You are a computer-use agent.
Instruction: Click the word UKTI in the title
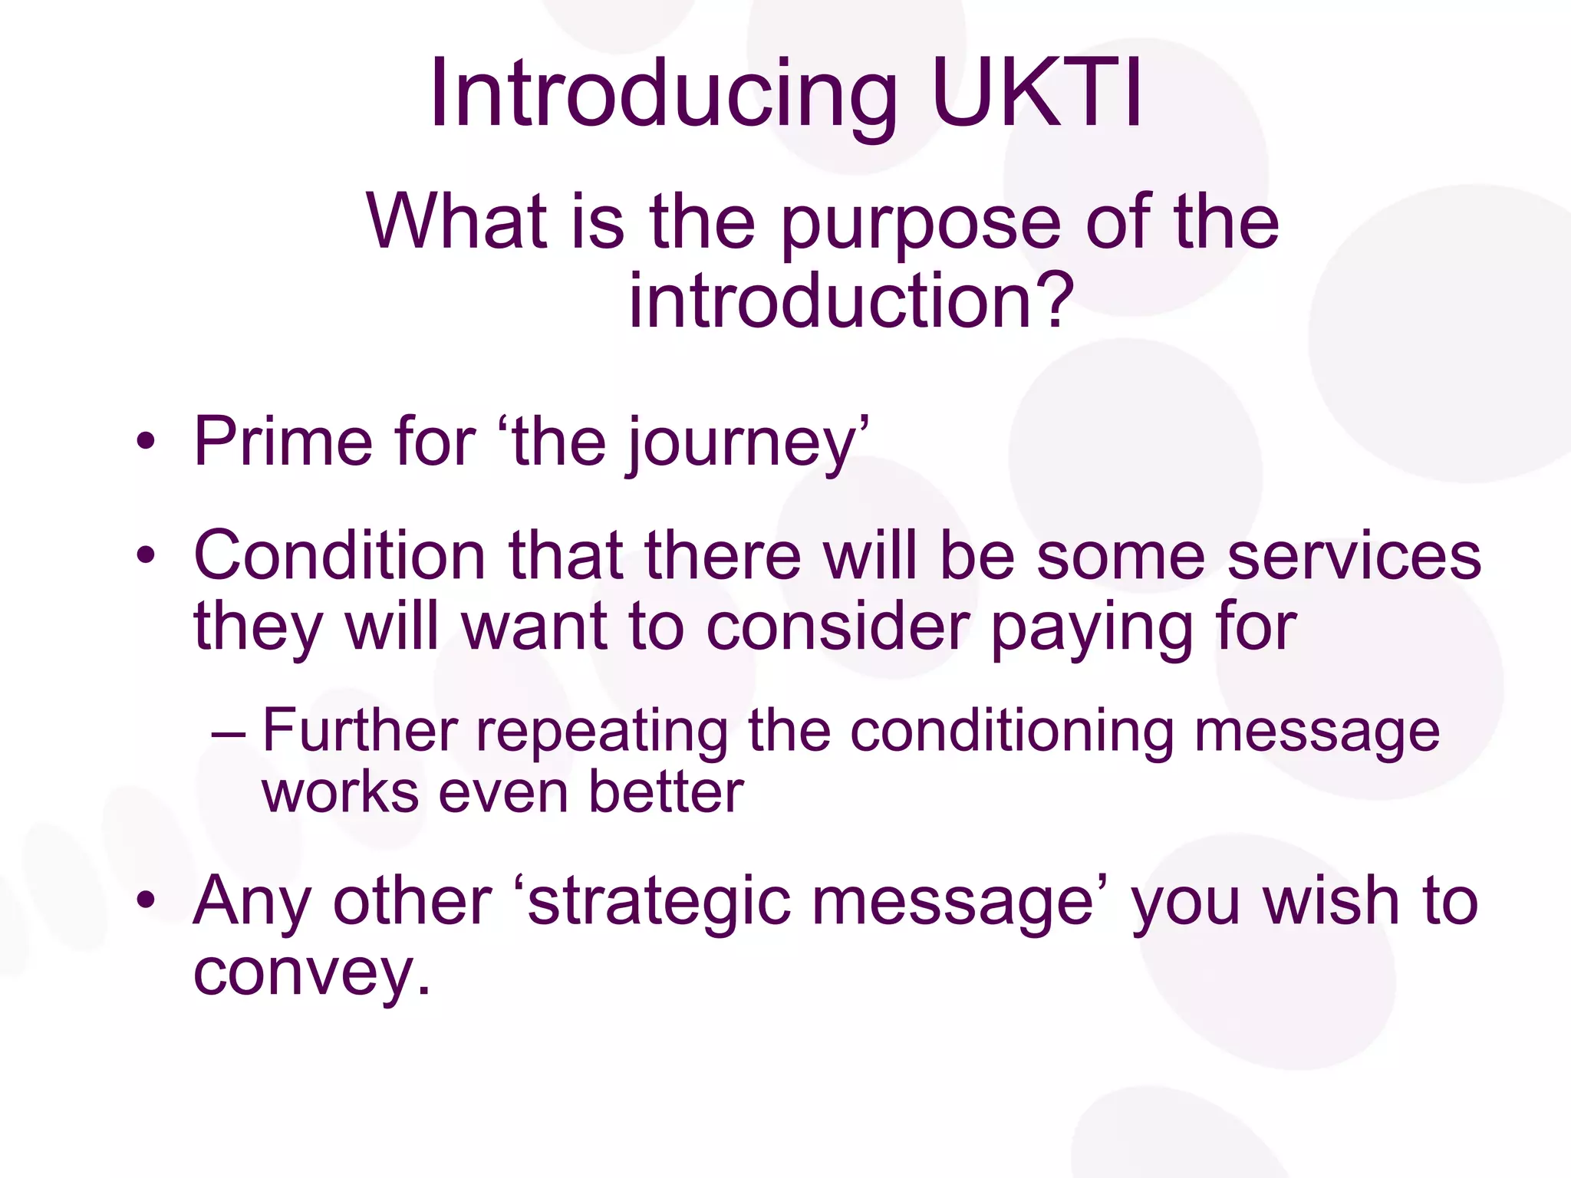pyautogui.click(x=1038, y=94)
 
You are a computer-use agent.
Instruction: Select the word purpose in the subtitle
pyautogui.click(x=921, y=224)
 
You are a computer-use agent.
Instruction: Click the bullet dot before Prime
pyautogui.click(x=146, y=443)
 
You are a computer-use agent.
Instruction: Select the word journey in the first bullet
pyautogui.click(x=741, y=445)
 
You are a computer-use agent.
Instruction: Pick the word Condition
pyautogui.click(x=339, y=555)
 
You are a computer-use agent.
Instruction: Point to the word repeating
pyautogui.click(x=602, y=733)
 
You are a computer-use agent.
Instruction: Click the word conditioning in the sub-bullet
pyautogui.click(x=1012, y=732)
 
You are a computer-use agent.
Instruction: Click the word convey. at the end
pyautogui.click(x=311, y=974)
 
